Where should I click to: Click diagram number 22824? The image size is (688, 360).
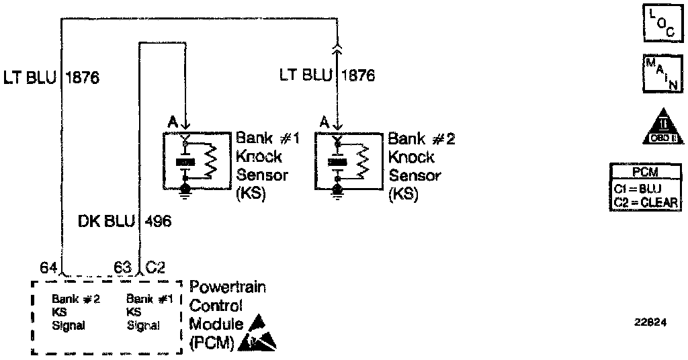[650, 322]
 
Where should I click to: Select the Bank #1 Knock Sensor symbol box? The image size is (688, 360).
[196, 161]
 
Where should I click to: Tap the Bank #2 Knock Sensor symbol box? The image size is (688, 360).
[348, 161]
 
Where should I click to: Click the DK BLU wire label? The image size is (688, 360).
[105, 221]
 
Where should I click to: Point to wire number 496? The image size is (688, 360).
[157, 221]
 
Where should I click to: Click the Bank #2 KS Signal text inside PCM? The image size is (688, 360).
[76, 312]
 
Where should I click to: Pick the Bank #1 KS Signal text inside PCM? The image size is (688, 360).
[144, 312]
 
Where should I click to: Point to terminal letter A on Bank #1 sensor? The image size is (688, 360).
[172, 123]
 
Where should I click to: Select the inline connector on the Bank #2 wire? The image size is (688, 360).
[337, 46]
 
